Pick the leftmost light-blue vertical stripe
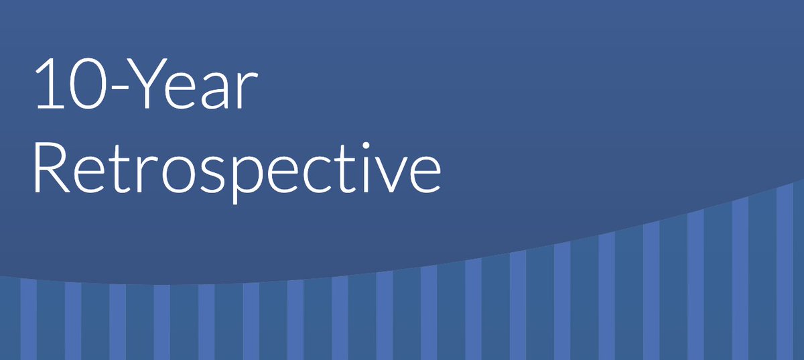coord(28,319)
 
